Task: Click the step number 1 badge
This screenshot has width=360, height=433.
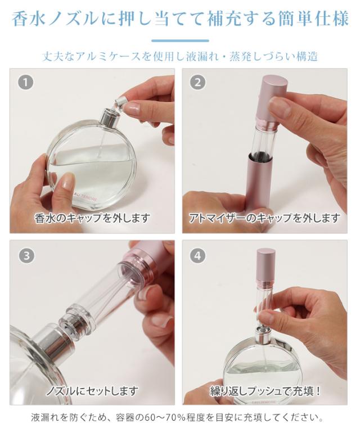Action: tap(26, 82)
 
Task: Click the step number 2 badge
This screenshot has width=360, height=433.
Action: tap(198, 82)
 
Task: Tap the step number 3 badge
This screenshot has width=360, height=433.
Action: tap(26, 255)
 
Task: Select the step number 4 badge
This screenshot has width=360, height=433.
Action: tap(198, 255)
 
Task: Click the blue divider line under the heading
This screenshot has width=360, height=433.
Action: tap(180, 41)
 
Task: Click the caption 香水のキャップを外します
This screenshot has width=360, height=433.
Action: tap(92, 218)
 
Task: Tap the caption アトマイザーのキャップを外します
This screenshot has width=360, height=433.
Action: tap(265, 218)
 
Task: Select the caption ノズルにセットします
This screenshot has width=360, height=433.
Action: tap(92, 391)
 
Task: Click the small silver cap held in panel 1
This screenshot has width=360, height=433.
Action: tap(121, 102)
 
